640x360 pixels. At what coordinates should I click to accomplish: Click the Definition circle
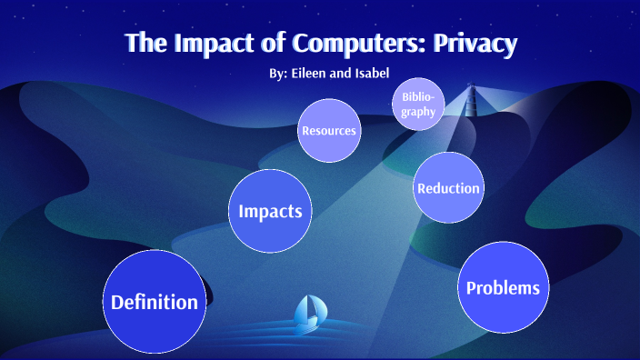(x=155, y=303)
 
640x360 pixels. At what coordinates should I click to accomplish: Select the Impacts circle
(x=269, y=211)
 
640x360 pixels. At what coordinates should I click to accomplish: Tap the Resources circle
(x=328, y=131)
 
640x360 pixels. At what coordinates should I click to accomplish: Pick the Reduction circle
(x=447, y=188)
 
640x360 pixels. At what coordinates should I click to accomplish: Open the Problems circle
(x=503, y=288)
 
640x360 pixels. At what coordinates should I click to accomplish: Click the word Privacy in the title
(x=482, y=43)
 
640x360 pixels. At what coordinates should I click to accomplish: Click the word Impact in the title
(x=212, y=43)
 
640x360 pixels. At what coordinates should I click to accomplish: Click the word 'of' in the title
(x=265, y=43)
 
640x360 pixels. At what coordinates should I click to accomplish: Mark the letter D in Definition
(x=118, y=303)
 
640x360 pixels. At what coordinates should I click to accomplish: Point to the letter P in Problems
(x=472, y=288)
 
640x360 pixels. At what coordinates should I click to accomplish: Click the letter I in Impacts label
(x=241, y=211)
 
